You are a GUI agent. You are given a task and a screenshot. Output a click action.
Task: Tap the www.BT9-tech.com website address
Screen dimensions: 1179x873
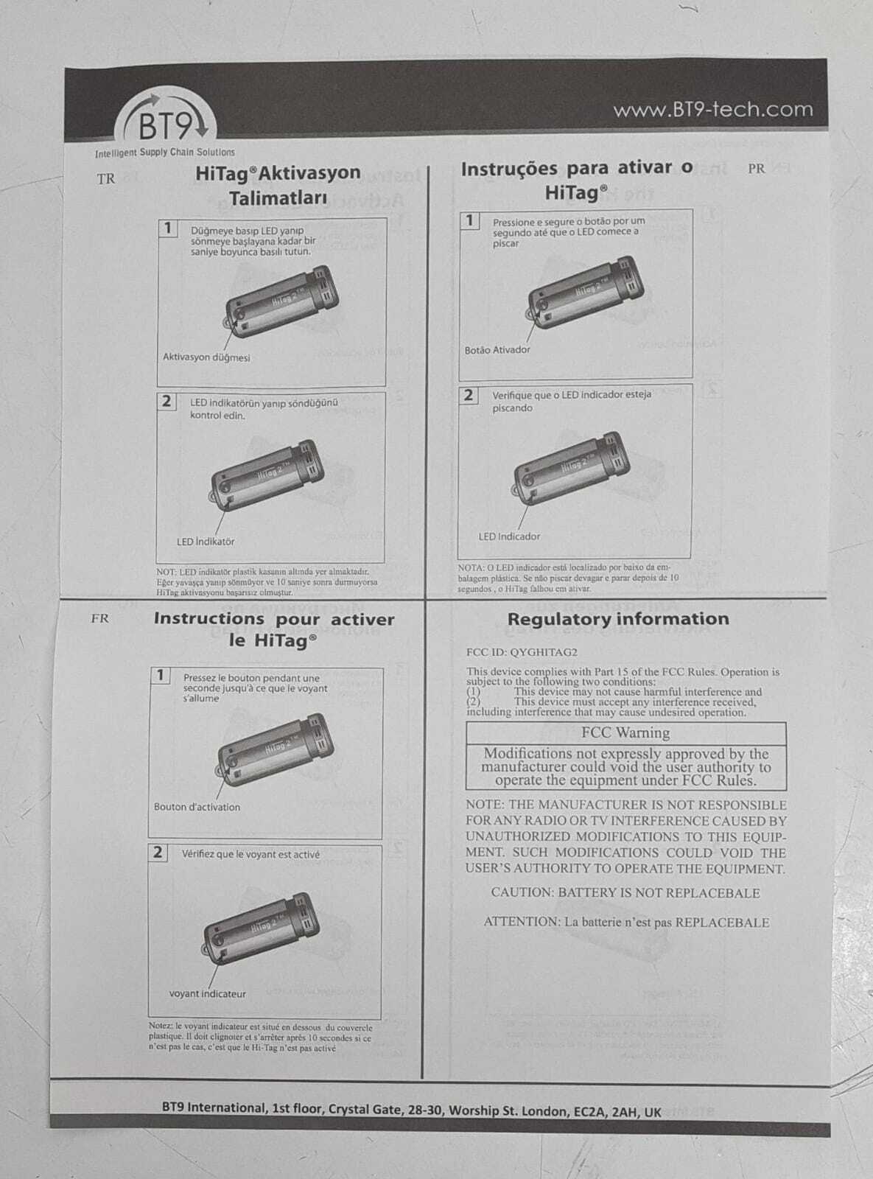point(712,111)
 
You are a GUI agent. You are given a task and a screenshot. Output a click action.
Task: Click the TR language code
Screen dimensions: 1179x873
point(106,179)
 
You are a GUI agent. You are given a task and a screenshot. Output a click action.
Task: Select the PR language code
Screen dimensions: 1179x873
point(756,169)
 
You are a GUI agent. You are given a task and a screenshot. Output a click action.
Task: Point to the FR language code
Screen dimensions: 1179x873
point(99,619)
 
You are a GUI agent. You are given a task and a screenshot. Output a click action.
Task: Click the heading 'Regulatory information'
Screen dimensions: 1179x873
point(618,619)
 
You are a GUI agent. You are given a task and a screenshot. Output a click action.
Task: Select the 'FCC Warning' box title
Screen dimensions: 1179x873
point(625,732)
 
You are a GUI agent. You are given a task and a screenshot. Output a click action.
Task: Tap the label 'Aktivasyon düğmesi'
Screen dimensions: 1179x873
point(206,357)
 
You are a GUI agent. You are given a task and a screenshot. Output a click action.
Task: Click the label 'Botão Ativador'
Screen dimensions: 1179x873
point(497,350)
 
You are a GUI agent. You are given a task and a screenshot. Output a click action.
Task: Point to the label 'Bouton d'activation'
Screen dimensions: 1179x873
point(197,807)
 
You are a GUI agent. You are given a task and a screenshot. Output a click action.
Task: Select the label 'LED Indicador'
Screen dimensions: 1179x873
point(509,536)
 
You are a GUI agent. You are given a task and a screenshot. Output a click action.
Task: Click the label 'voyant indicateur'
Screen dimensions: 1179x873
point(208,993)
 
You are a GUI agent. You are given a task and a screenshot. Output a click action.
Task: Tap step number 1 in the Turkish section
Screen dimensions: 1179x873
point(168,228)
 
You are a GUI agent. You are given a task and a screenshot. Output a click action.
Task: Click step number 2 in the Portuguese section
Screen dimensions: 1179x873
point(469,396)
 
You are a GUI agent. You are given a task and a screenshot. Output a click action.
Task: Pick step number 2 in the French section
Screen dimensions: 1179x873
point(158,853)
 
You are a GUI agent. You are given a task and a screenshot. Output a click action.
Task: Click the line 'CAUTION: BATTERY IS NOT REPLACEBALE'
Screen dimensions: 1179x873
point(625,893)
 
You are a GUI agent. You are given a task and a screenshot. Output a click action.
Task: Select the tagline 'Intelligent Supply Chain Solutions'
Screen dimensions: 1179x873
point(165,153)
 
